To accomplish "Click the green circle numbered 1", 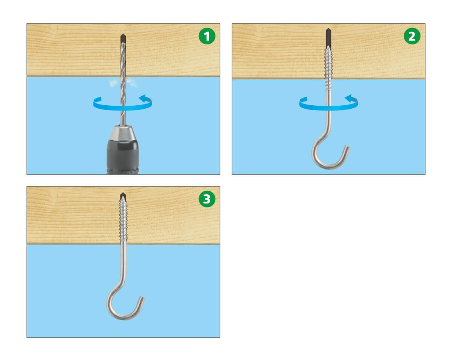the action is tap(207, 36).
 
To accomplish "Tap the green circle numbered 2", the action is tap(412, 36).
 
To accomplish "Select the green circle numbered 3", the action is tap(207, 199).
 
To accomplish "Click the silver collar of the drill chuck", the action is tap(123, 133).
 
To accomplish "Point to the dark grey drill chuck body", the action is tap(123, 157).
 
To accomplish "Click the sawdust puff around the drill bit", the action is tap(123, 82).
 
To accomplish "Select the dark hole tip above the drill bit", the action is tap(123, 38).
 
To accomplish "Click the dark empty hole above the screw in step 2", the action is tap(328, 37).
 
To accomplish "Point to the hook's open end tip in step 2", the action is tap(348, 147).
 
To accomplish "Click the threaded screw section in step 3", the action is tap(123, 219).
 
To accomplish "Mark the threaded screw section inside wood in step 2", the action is tap(328, 62).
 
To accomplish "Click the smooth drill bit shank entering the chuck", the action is tap(123, 118).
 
